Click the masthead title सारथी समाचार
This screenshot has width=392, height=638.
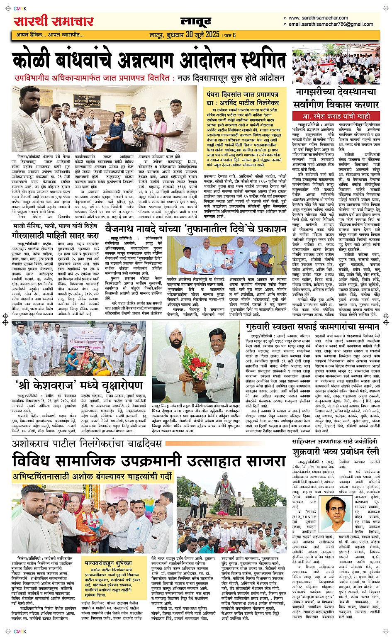(x=54, y=21)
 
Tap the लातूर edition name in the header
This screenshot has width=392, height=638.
(x=196, y=21)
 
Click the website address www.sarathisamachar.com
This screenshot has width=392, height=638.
(x=318, y=18)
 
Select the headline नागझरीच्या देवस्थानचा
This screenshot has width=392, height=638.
(x=336, y=92)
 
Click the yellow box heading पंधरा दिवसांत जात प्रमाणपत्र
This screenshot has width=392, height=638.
(x=243, y=95)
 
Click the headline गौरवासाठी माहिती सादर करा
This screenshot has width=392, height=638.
(x=56, y=235)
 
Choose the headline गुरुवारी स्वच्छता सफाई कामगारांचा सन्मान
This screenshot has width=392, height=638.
(x=313, y=327)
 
